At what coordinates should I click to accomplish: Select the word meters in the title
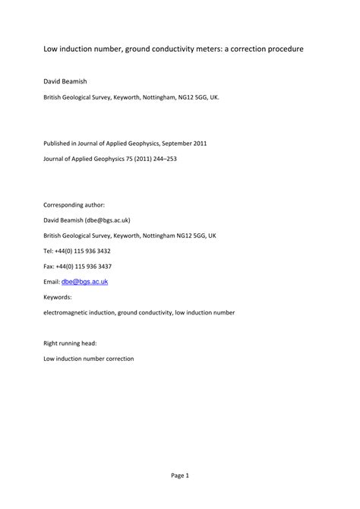193,49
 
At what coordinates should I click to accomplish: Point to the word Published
58,143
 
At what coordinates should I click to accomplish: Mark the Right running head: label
71,343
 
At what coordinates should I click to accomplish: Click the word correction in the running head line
114,359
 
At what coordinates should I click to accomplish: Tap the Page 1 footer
179,476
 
